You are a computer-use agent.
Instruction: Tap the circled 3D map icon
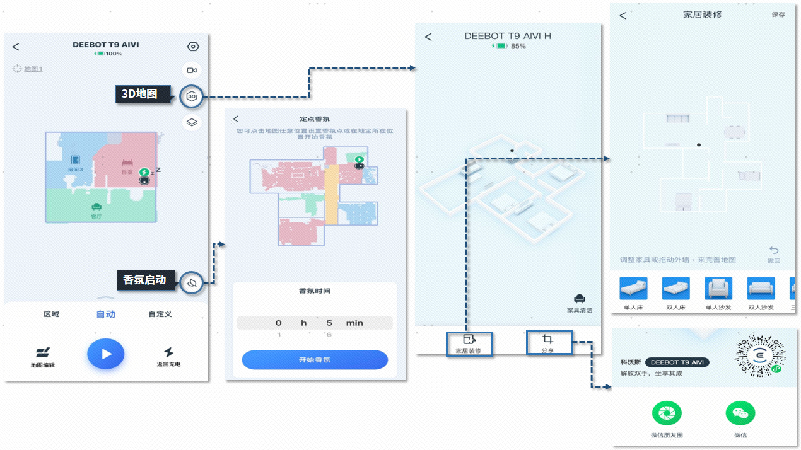192,96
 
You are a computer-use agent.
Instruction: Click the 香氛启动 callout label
144,280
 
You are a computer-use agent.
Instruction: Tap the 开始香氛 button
314,360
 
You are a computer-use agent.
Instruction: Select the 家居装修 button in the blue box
469,343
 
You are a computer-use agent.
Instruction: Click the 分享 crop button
547,343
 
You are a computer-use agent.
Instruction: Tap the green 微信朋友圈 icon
667,413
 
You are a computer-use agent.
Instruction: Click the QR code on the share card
759,355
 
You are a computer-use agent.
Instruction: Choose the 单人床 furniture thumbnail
633,289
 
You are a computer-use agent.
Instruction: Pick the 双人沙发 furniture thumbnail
761,289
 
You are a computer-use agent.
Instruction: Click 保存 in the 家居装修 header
778,14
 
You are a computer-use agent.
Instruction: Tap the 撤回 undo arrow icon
774,251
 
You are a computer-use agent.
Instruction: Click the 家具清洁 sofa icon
580,299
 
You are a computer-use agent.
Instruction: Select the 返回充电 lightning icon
168,352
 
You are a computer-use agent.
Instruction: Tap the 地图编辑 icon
43,352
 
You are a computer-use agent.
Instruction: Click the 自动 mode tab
106,314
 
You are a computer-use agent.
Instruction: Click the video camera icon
192,70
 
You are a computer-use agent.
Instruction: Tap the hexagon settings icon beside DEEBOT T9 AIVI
193,47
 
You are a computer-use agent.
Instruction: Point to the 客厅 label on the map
96,216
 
